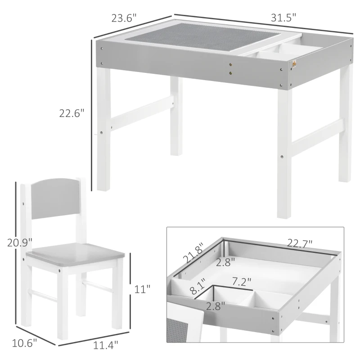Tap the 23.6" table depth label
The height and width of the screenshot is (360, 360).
[x=124, y=18]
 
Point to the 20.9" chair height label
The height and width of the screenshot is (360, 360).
[x=20, y=243]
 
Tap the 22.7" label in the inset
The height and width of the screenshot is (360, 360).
[x=300, y=243]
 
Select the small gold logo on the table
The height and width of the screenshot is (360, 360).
[x=295, y=66]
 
